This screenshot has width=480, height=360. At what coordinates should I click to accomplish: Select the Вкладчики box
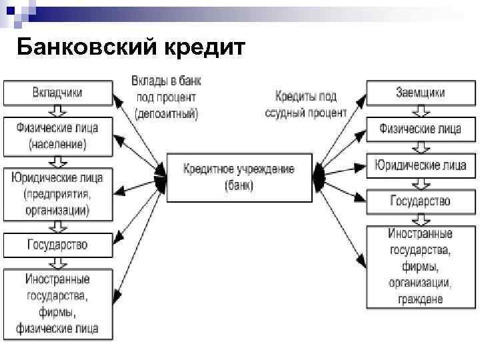[58, 93]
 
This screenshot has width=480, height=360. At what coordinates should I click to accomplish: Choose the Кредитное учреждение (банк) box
[239, 177]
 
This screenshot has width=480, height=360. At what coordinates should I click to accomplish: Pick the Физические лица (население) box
[58, 136]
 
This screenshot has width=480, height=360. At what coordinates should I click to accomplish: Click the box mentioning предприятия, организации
[58, 195]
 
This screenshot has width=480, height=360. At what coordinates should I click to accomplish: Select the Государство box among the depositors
[58, 245]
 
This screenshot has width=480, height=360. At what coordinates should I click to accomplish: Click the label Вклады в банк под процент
[166, 97]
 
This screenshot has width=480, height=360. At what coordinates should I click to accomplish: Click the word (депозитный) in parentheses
[166, 113]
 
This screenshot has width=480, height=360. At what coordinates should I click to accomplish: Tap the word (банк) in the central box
[239, 186]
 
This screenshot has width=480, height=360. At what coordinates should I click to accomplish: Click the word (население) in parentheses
[58, 143]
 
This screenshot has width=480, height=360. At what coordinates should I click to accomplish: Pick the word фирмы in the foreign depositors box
[58, 311]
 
